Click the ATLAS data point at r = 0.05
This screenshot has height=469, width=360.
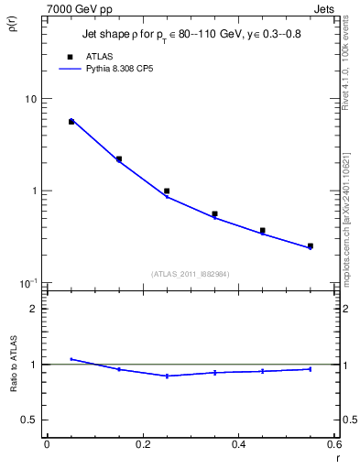coord(71,121)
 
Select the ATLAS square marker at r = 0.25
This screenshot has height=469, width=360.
coord(167,191)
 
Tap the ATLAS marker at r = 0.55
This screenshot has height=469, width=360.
coord(311,245)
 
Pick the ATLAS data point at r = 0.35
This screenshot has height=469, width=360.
coord(214,214)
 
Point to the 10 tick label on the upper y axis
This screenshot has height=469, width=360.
coord(30,99)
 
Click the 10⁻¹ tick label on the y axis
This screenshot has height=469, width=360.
coord(27,283)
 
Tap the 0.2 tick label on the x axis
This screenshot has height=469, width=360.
coord(142,444)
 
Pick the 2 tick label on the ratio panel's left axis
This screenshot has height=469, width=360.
coord(34,309)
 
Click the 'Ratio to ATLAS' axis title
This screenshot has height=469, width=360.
coord(11,365)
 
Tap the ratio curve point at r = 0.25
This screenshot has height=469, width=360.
coord(167,376)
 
